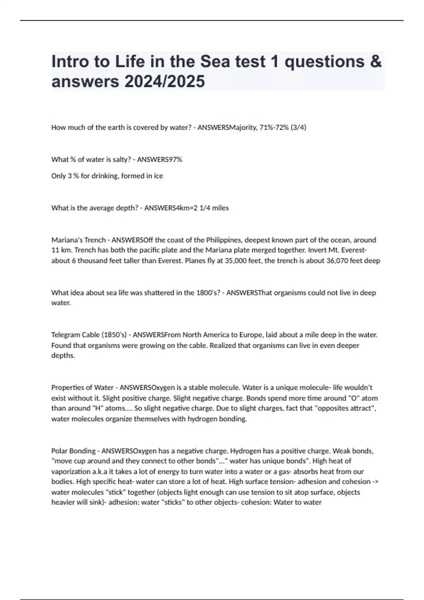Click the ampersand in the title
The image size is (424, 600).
click(x=376, y=62)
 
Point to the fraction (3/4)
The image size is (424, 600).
click(x=298, y=127)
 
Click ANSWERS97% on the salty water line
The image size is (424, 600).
click(x=159, y=160)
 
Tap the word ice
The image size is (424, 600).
click(x=158, y=176)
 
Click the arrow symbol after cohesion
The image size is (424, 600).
click(x=376, y=482)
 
